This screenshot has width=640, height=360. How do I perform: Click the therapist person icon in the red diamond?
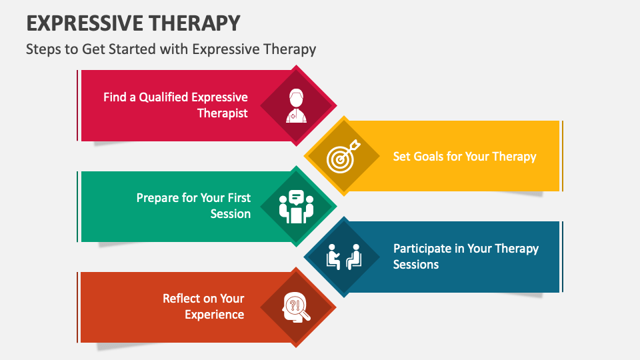pos(297,105)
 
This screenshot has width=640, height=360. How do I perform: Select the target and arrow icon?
pos(342,157)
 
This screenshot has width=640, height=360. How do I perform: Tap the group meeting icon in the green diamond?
pos(297,207)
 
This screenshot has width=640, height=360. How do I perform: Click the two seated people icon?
pos(343,257)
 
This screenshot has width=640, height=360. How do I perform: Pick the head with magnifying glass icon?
pos(296,307)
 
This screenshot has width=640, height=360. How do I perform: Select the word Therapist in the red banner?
pos(223,113)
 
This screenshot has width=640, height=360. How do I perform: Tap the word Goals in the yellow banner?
pos(433,157)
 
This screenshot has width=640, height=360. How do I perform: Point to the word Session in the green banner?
pos(231,214)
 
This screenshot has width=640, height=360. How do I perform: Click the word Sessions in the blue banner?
pos(416,265)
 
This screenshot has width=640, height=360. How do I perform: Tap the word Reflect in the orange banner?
pos(182,299)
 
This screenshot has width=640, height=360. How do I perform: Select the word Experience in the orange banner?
pos(214,315)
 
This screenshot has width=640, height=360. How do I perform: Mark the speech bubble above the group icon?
pos(297,197)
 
